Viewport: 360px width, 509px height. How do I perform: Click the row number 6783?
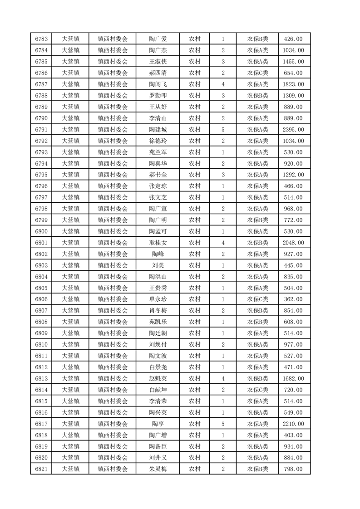42,39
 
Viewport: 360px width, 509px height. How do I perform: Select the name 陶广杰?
158,50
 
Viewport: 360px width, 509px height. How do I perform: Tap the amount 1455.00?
293,62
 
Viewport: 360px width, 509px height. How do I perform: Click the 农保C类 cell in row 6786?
257,73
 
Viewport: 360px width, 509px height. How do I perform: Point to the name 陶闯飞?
158,84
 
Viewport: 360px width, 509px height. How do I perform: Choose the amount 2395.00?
293,130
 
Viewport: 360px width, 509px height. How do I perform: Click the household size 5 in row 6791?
223,130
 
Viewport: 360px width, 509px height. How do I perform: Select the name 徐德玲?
158,141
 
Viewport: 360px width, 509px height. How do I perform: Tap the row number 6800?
42,231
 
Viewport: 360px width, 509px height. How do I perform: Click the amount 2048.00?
293,243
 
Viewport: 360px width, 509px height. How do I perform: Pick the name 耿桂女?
158,243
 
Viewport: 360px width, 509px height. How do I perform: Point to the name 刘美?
158,265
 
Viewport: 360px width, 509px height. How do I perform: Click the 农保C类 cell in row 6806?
257,299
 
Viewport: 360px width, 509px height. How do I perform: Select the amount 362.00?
293,299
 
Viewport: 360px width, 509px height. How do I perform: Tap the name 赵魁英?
158,378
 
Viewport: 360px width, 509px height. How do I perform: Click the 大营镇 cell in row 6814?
71,390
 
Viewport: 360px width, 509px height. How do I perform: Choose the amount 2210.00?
293,424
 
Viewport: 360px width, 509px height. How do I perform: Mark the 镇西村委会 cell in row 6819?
113,446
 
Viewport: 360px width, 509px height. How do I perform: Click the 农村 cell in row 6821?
195,469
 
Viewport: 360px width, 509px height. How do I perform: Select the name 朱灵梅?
158,469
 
